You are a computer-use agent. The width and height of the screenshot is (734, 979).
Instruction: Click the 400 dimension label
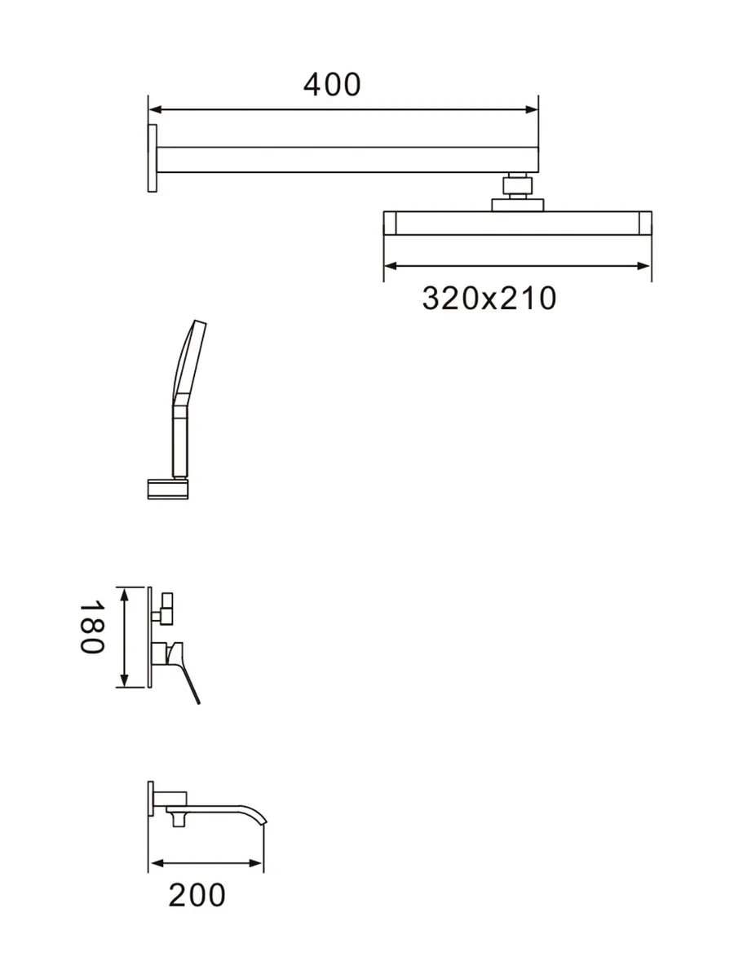(332, 85)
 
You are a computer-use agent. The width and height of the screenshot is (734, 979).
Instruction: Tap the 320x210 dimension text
(489, 298)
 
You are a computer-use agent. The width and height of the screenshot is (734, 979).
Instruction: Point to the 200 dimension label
(197, 895)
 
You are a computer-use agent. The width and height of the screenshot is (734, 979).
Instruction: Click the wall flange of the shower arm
(152, 158)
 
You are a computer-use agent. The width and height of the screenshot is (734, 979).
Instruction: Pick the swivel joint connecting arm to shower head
(517, 185)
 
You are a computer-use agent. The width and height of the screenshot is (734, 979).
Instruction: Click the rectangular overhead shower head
(517, 223)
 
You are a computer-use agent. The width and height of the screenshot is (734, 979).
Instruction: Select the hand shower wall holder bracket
(168, 489)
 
